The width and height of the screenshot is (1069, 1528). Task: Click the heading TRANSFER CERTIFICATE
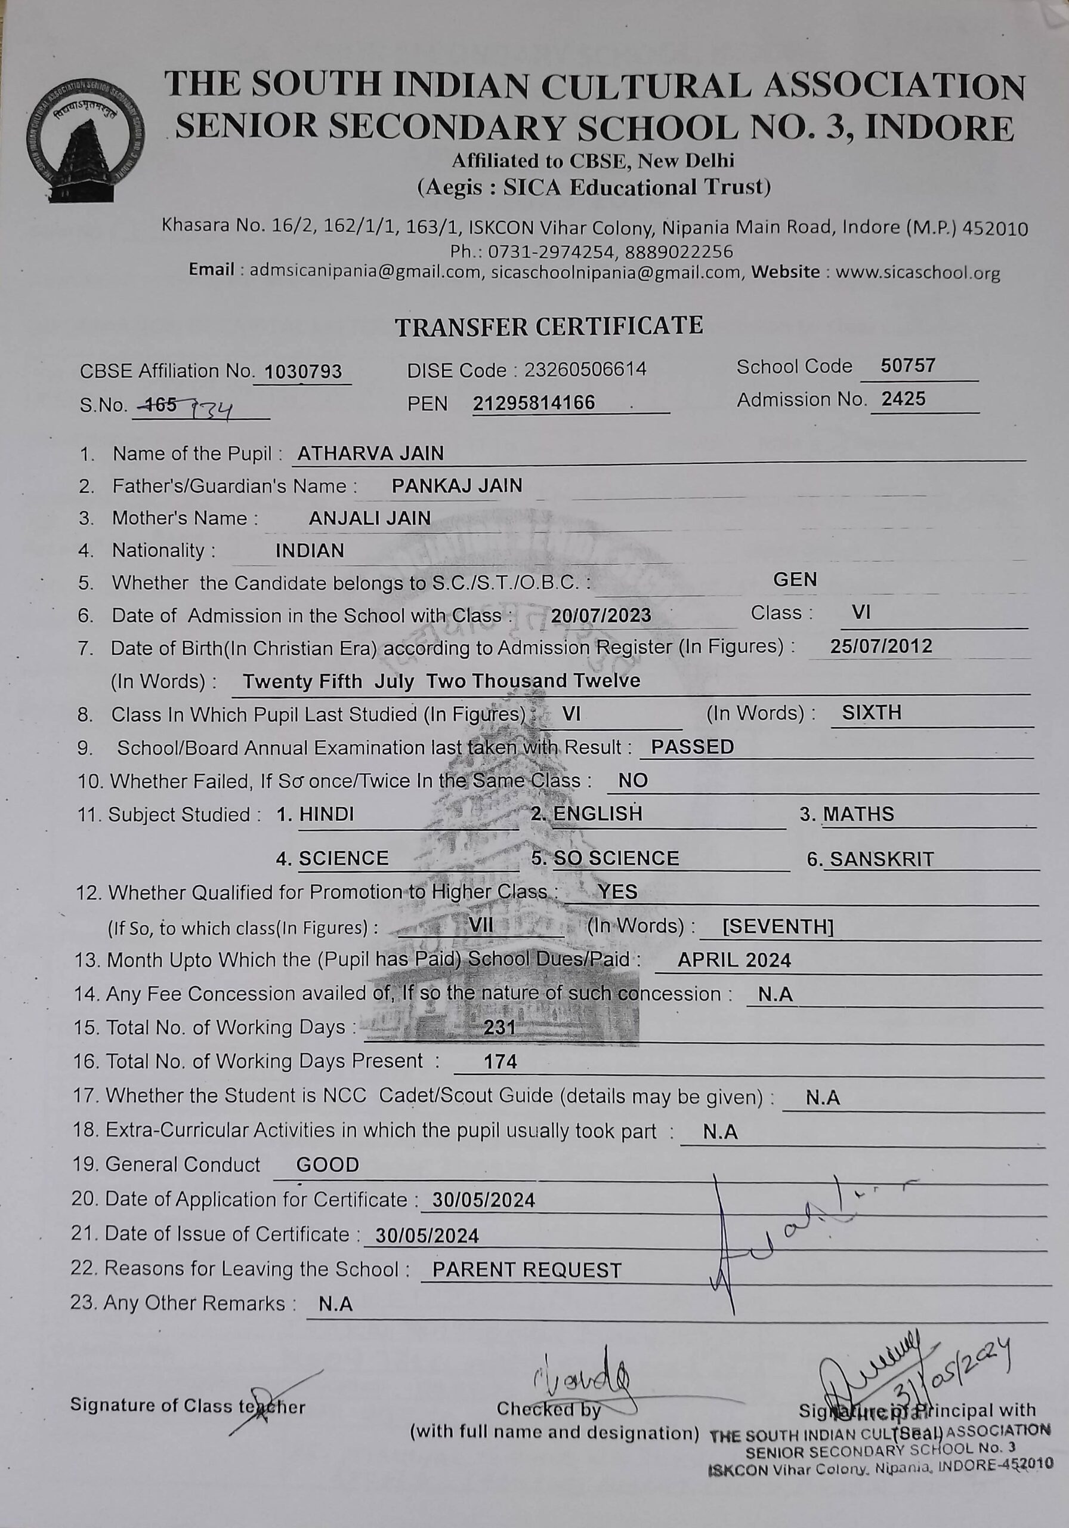pos(549,326)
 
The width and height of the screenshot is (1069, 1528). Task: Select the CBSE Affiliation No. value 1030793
pos(302,371)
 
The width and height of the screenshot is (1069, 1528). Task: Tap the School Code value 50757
pos(908,365)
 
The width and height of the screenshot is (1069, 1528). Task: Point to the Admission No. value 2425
pos(903,399)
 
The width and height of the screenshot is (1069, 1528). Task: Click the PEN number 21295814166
pos(533,403)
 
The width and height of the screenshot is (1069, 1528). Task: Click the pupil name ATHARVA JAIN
pos(370,453)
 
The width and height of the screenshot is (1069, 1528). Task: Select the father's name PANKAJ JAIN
pos(457,486)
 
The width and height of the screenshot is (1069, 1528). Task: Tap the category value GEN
pos(795,580)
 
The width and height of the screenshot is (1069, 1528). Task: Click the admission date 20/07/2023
pos(601,615)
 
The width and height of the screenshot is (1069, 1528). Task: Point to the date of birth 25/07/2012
pos(880,646)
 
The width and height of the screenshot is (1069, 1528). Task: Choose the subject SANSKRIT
pos(882,859)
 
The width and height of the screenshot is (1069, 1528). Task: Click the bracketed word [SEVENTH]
pos(778,926)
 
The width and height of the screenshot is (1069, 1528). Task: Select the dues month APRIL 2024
pos(734,960)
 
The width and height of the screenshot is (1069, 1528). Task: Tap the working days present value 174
pos(500,1061)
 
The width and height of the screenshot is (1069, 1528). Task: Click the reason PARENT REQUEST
pos(527,1270)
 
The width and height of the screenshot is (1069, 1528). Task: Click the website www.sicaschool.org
pos(917,272)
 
